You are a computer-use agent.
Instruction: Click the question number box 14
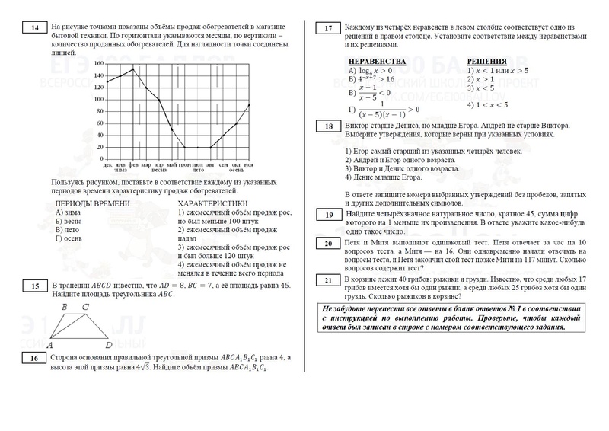tap(35, 28)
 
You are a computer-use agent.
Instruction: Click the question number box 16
tap(35, 358)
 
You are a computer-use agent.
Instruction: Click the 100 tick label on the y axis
tap(97, 100)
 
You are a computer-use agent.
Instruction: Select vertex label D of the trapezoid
tap(110, 344)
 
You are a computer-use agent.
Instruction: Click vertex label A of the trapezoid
tap(49, 344)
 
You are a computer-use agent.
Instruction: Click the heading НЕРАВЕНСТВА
tap(374, 59)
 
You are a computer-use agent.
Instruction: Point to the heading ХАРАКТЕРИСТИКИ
tap(212, 203)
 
